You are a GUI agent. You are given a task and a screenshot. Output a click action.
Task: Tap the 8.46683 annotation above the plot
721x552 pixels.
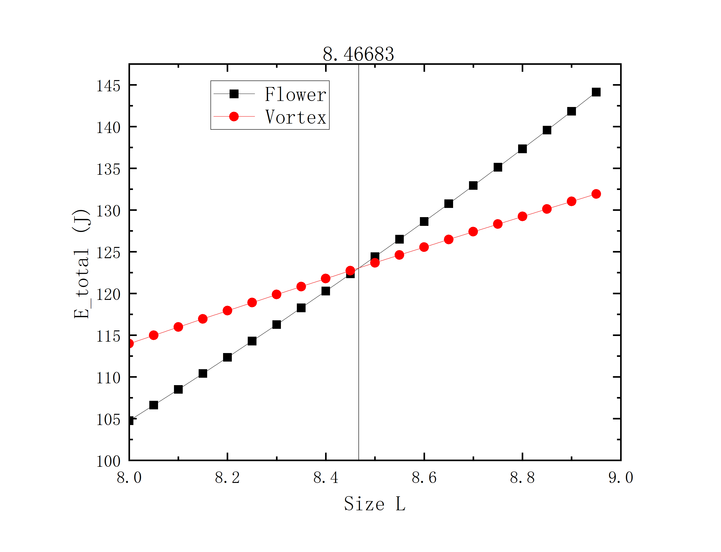coord(358,54)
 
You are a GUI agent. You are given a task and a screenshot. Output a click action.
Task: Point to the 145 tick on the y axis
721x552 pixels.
coord(108,86)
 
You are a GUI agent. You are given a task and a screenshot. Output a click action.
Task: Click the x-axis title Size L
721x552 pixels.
coord(375,504)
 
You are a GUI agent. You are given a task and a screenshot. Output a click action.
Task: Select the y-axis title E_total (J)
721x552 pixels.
coord(81,264)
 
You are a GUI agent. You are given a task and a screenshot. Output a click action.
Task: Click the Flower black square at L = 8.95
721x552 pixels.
coord(596,92)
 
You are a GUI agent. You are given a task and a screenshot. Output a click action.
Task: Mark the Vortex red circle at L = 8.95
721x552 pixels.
coord(596,194)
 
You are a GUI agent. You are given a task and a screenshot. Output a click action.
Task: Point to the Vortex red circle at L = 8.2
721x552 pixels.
coord(227,310)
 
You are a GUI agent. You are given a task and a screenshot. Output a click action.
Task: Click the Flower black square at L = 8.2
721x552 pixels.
coord(227,357)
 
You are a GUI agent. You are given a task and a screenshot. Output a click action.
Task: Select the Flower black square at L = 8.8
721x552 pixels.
coord(522,149)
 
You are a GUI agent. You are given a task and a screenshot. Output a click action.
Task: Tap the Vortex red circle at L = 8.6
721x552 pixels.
coord(424,247)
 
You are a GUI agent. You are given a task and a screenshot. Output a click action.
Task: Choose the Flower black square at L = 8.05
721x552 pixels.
coord(154,405)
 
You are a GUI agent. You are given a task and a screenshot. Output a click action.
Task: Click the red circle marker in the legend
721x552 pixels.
coord(234,117)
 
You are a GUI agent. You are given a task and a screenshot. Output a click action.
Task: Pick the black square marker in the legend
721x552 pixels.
coord(234,94)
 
